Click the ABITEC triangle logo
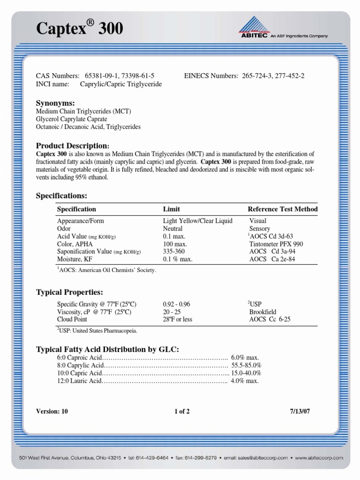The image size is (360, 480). click(x=253, y=24)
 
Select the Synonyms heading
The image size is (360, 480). click(x=55, y=103)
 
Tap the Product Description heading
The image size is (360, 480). click(x=73, y=146)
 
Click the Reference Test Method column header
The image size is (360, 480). click(x=282, y=209)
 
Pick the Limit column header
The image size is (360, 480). click(x=171, y=209)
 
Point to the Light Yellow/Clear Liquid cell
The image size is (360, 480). click(x=197, y=221)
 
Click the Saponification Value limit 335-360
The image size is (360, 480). click(x=174, y=251)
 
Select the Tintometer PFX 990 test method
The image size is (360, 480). click(x=276, y=244)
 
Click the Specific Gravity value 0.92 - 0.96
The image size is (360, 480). click(x=176, y=304)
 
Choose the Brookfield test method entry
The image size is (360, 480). click(x=262, y=312)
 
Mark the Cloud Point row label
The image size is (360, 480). click(x=72, y=319)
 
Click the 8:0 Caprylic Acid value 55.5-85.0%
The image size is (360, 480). click(x=246, y=365)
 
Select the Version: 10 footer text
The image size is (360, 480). click(x=52, y=412)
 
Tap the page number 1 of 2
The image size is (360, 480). click(x=182, y=412)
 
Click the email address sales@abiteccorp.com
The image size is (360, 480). click(x=255, y=457)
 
